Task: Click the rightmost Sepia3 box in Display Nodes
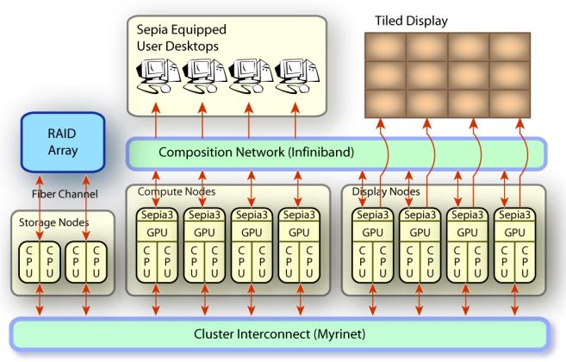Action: [513, 212]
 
